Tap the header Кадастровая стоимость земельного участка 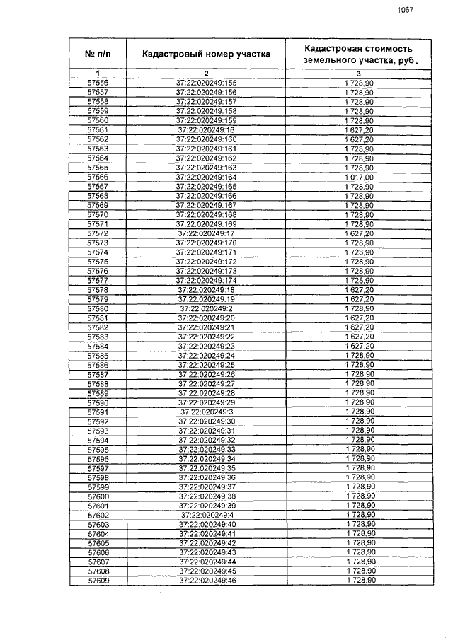pyautogui.click(x=358, y=54)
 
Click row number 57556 pyautogui.click(x=98, y=83)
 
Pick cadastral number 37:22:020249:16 pyautogui.click(x=207, y=130)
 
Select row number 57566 pyautogui.click(x=98, y=177)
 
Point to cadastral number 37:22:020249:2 pyautogui.click(x=207, y=308)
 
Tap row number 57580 pyautogui.click(x=98, y=308)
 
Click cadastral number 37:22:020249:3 pyautogui.click(x=207, y=412)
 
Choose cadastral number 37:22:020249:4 pyautogui.click(x=207, y=515)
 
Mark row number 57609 pyautogui.click(x=98, y=581)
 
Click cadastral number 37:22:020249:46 pyautogui.click(x=207, y=581)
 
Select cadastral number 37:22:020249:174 pyautogui.click(x=207, y=280)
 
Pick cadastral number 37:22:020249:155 pyautogui.click(x=207, y=83)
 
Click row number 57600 pyautogui.click(x=98, y=496)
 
